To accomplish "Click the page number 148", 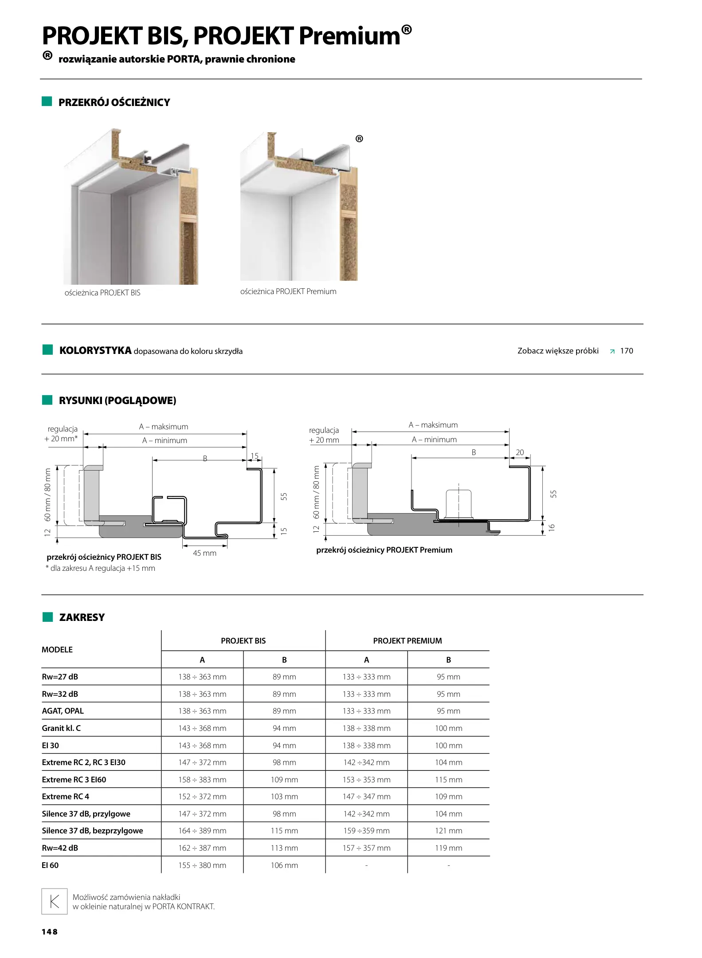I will [50, 932].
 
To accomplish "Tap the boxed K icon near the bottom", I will [55, 901].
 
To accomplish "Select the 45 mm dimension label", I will [204, 553].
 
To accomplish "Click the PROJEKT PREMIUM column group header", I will [407, 640].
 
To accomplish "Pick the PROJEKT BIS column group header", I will [243, 640].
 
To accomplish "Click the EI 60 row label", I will [50, 865].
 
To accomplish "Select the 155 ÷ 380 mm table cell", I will [202, 865].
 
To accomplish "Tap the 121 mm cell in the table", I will [448, 831].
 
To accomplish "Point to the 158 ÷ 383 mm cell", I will [202, 779].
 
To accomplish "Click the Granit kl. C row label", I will [61, 728].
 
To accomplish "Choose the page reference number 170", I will [626, 351].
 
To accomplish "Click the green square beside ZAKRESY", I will [47, 617].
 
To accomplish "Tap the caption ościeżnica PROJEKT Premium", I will [288, 291].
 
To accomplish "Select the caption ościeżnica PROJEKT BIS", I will [102, 293].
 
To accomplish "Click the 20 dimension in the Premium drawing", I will [520, 452].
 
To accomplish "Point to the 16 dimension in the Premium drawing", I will [552, 527].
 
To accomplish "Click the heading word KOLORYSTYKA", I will [95, 350].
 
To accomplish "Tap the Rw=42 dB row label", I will [60, 848].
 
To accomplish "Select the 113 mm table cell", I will [284, 848].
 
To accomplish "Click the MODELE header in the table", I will [57, 649].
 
